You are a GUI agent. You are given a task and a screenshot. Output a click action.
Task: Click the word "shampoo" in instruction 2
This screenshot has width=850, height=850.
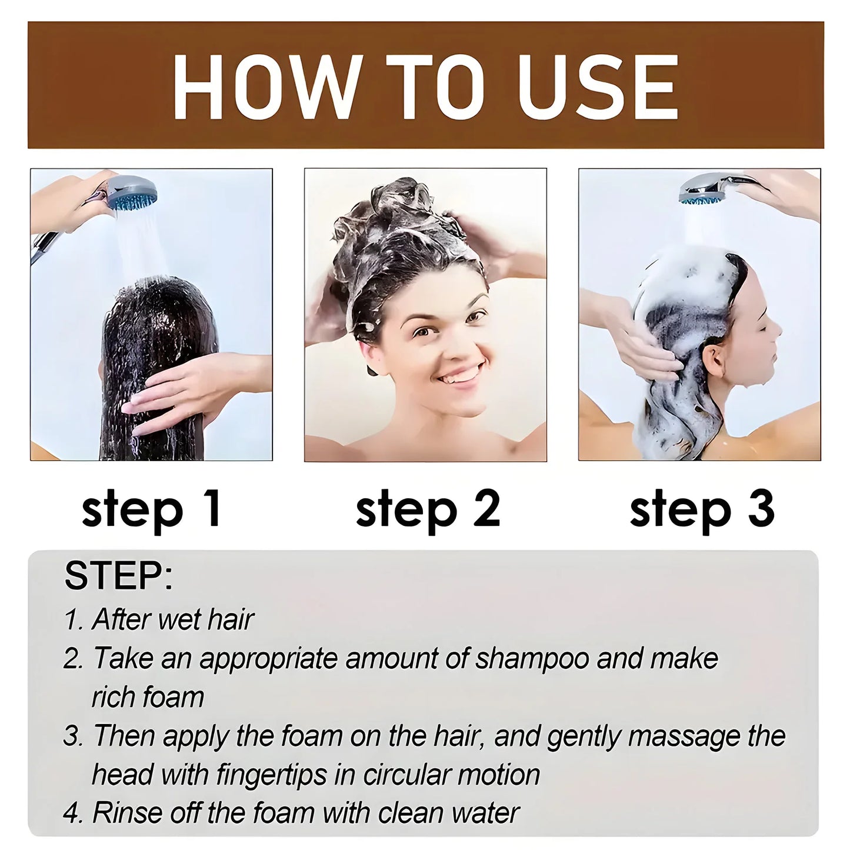[x=532, y=658]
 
